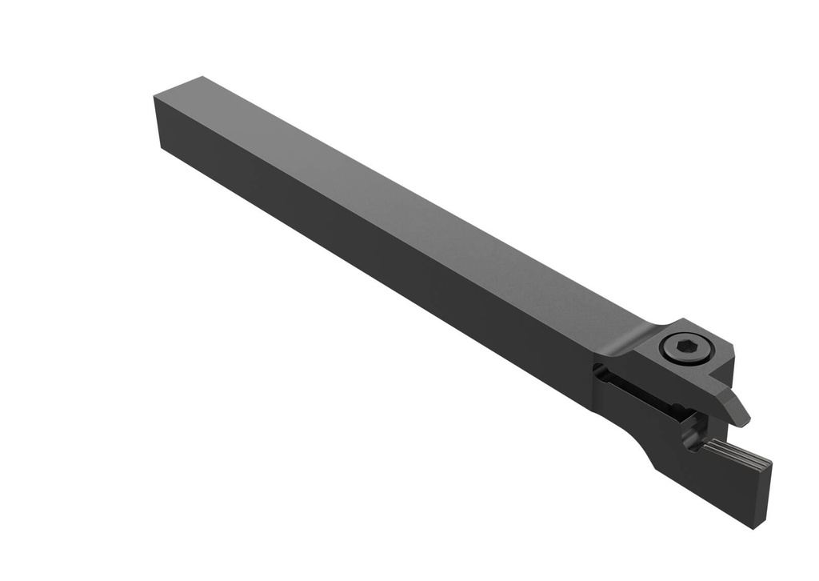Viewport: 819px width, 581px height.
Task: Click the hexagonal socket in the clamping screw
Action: (x=682, y=347)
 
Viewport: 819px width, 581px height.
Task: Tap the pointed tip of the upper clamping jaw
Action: (x=745, y=419)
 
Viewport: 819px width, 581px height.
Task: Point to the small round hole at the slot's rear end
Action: (x=599, y=370)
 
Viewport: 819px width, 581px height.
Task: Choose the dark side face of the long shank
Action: (x=360, y=264)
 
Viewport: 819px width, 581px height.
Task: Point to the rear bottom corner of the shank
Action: (x=160, y=149)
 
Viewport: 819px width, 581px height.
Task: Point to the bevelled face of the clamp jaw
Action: (x=732, y=404)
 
